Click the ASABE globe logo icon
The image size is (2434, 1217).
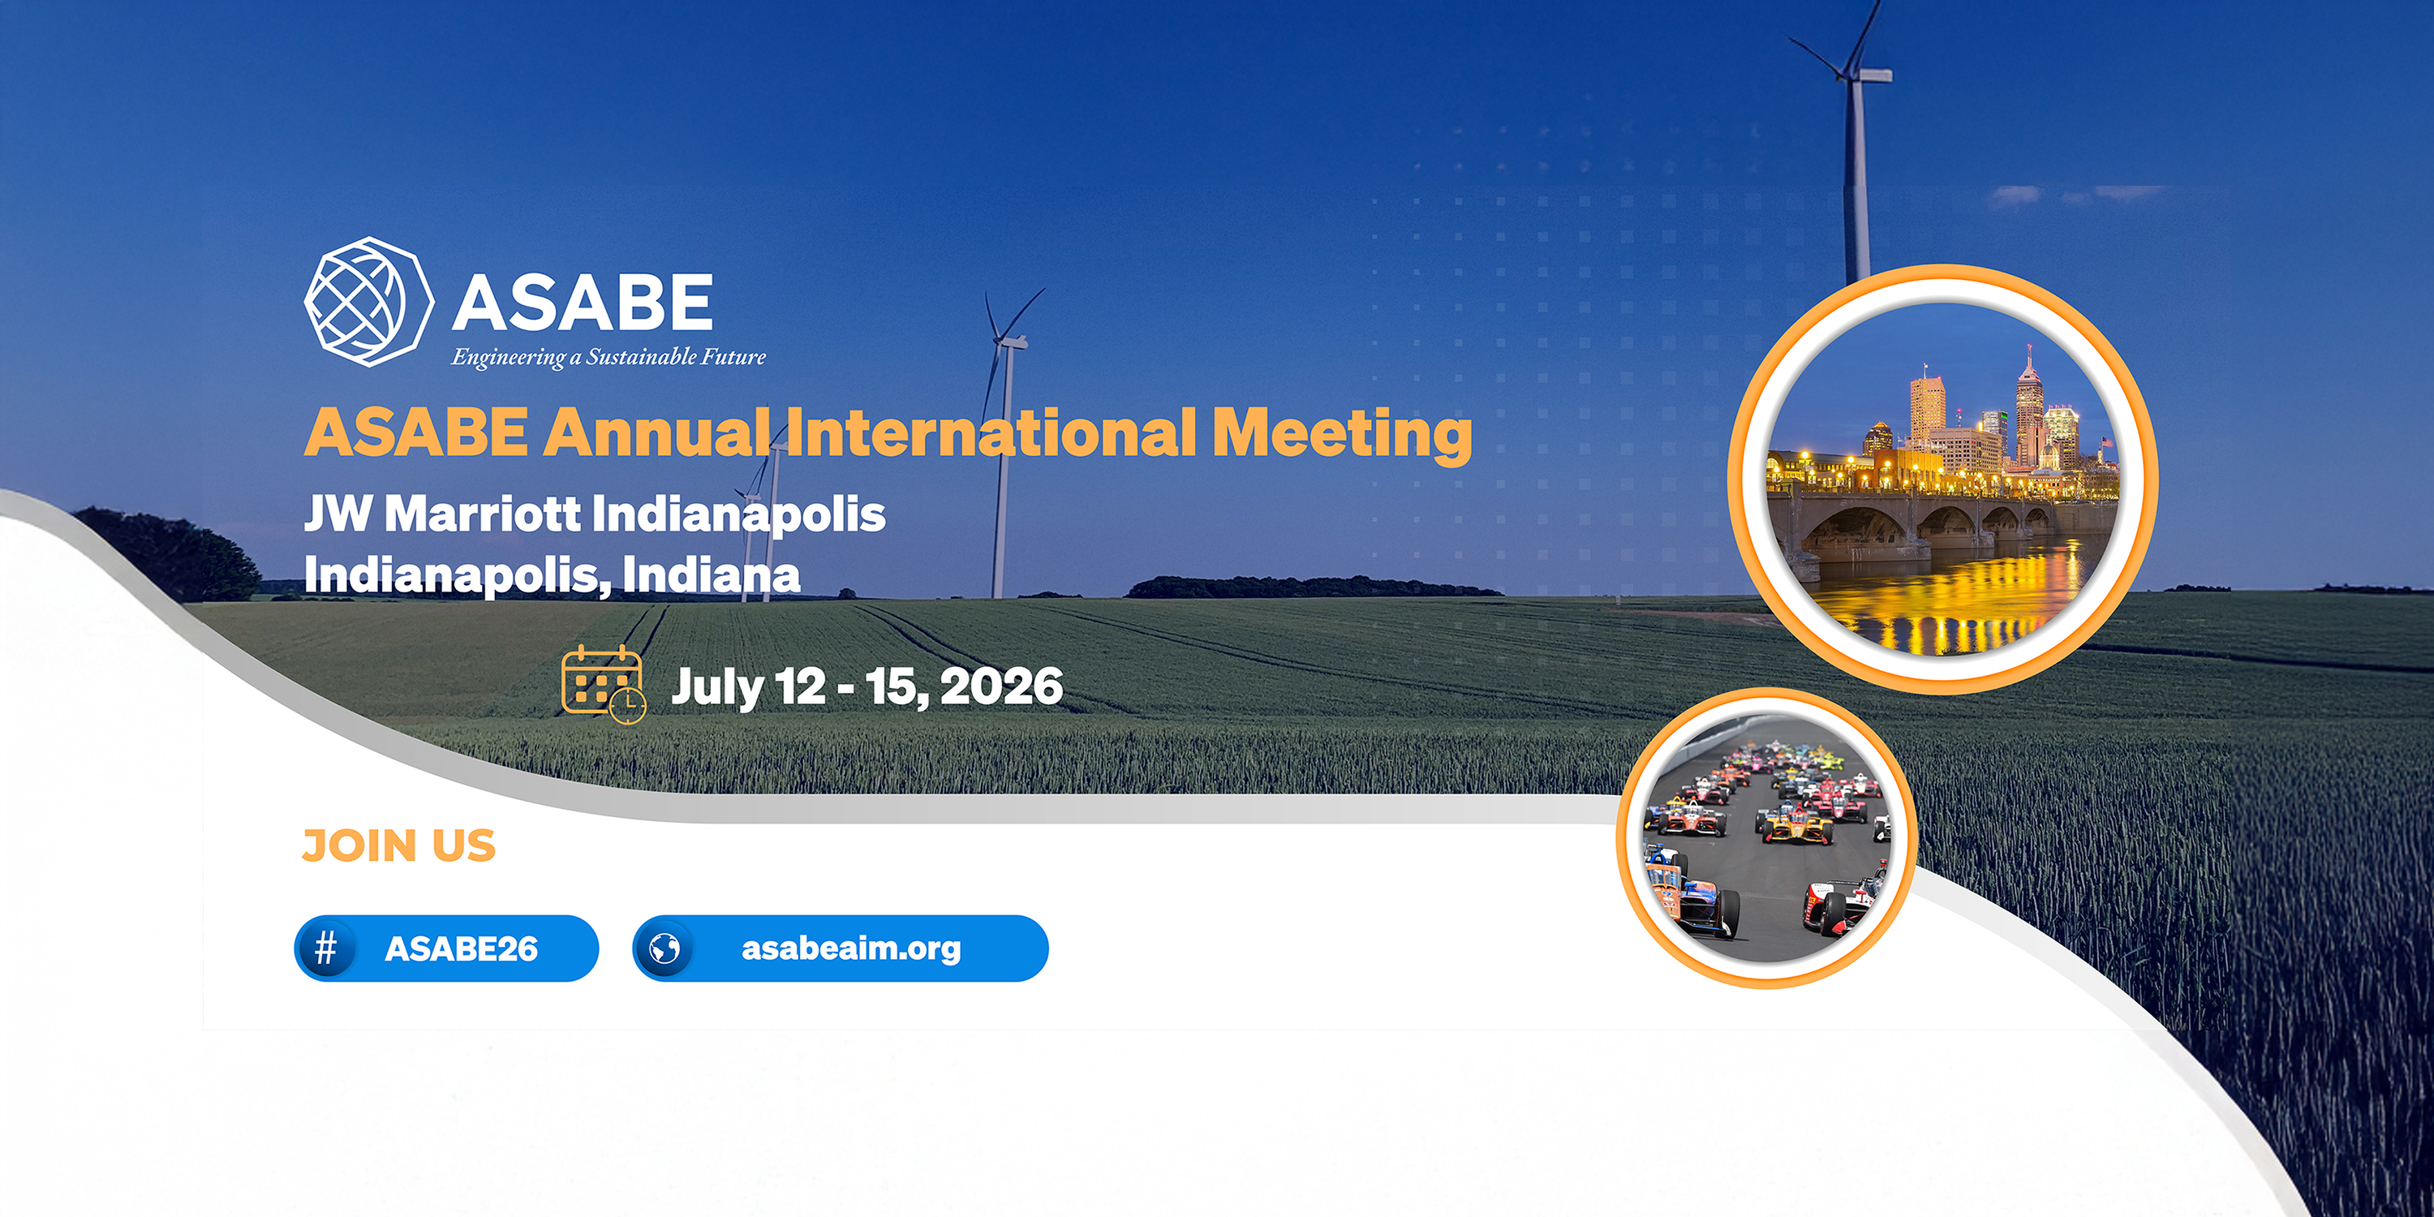368,302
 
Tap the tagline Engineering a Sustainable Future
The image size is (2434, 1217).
608,357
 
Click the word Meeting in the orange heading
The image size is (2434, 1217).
1342,434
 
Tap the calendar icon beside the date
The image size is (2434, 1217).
604,683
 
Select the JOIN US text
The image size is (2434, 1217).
398,845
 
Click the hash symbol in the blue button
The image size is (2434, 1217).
326,948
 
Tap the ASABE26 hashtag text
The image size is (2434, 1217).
461,948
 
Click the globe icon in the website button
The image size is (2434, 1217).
664,948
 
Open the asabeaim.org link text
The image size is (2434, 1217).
851,948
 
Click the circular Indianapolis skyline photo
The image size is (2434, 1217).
1942,480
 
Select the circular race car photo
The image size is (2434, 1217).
1767,838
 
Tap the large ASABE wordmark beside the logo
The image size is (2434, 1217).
582,303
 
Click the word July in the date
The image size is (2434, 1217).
717,688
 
